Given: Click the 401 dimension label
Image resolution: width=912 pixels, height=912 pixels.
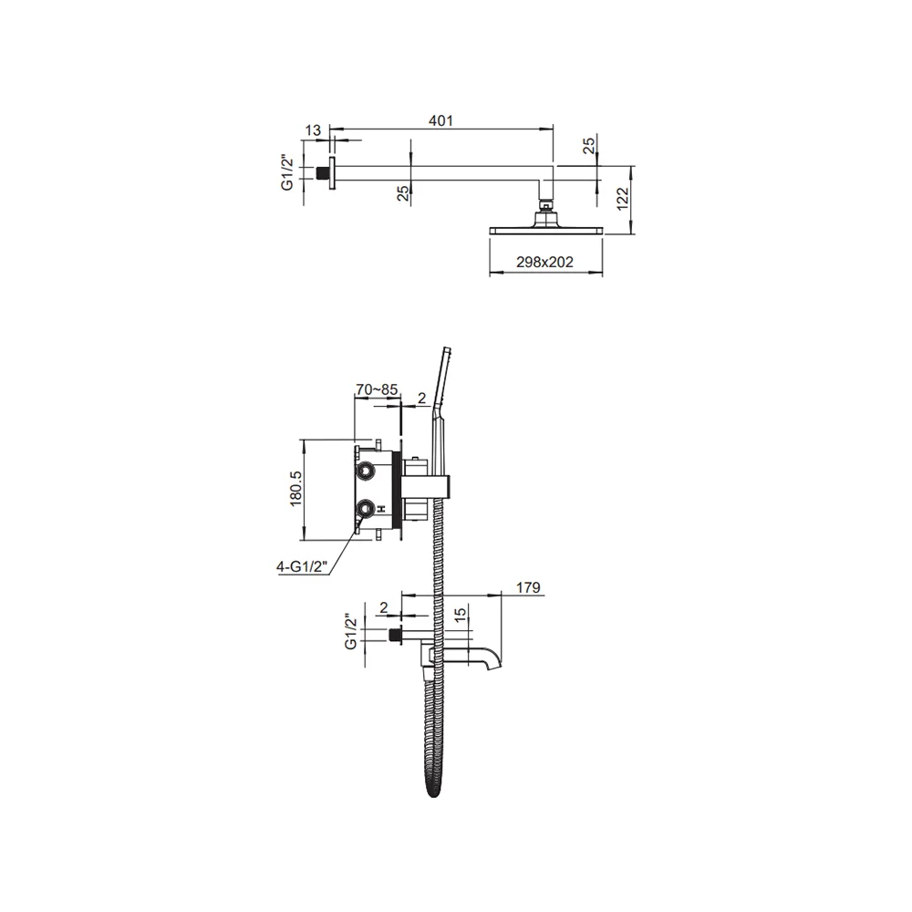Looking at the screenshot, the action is (x=440, y=120).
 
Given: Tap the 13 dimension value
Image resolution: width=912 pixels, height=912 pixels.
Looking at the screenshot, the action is (x=313, y=130).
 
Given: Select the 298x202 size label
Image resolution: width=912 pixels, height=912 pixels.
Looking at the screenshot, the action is (x=545, y=263).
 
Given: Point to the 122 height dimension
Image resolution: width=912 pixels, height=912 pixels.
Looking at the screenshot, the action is (x=622, y=199).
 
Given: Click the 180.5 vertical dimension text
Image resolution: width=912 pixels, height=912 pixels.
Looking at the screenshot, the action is (x=296, y=489).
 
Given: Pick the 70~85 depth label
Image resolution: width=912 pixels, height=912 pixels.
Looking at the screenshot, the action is (x=377, y=389).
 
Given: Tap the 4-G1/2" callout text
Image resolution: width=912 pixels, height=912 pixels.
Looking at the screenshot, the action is (x=303, y=566).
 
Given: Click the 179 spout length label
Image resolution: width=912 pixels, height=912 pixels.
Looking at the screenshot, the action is (x=528, y=588).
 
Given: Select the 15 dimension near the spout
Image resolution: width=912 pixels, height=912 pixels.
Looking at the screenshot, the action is (x=460, y=615).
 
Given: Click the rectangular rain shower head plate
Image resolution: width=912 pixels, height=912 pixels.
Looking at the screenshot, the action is (x=546, y=231).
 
